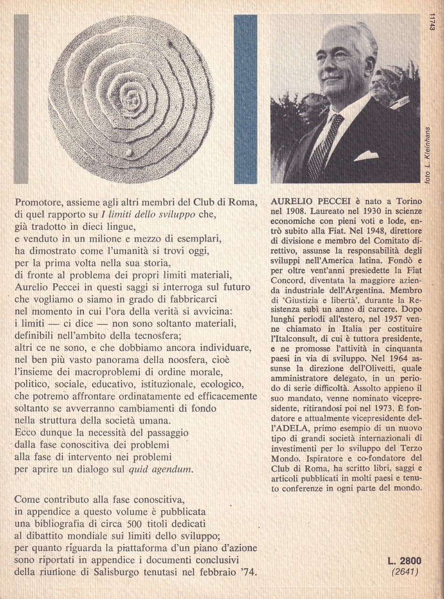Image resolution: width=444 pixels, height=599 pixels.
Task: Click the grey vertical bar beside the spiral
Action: (x=21, y=99)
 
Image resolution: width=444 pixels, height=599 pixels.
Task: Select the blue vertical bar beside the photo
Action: (x=245, y=99)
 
